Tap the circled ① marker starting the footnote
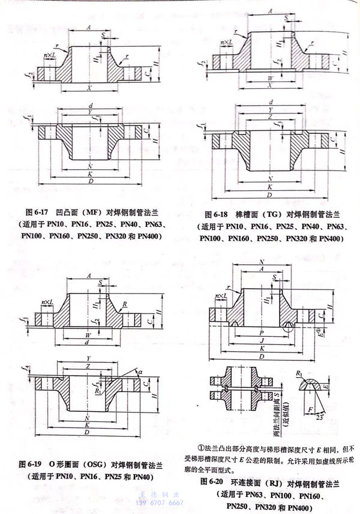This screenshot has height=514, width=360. (201, 447)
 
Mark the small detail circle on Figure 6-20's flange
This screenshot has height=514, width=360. (291, 326)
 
